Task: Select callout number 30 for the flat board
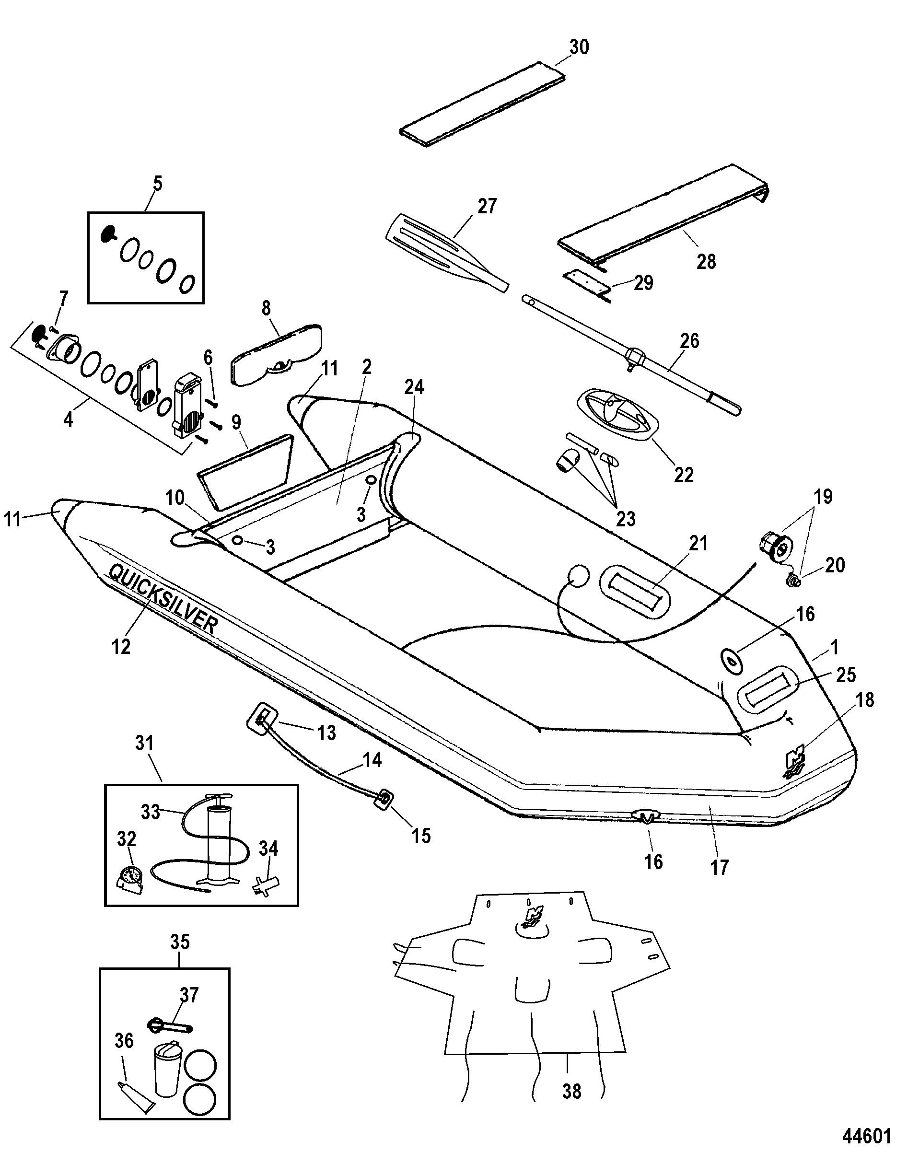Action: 579,47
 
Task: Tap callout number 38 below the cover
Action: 571,1091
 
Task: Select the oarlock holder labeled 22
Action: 617,414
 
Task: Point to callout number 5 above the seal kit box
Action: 157,183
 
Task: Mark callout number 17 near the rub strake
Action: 719,867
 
